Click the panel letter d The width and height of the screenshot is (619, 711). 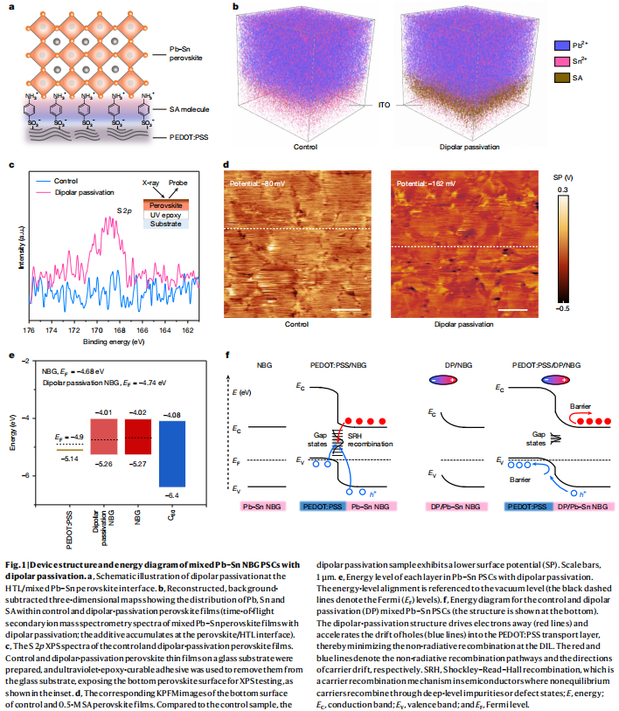(227, 165)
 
